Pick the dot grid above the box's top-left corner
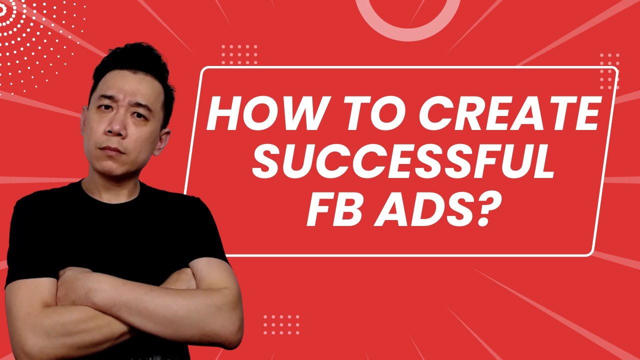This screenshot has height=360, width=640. (239, 54)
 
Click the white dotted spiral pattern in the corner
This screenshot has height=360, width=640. (30, 35)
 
